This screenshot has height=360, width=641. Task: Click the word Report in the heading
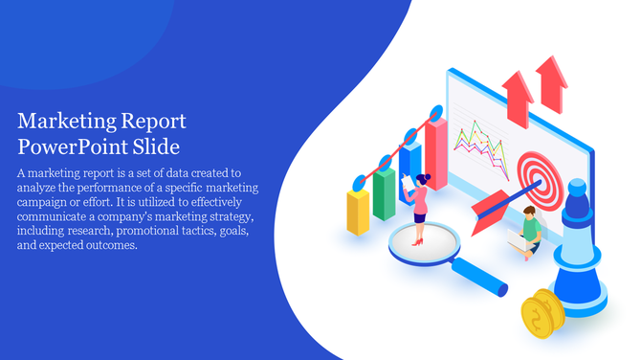pyautogui.click(x=152, y=123)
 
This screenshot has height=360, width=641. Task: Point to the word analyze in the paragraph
pyautogui.click(x=39, y=188)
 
